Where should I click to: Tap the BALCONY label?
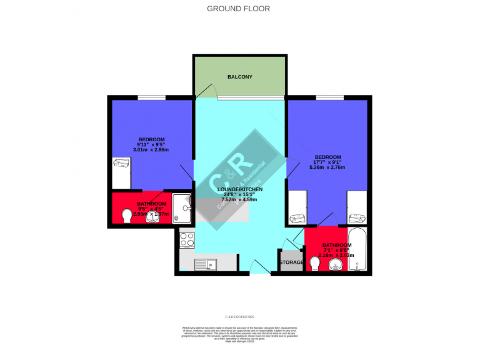coord(240,77)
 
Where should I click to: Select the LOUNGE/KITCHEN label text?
coord(240,189)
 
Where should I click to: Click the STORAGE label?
coord(291,262)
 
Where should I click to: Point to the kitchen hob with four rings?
coord(187,239)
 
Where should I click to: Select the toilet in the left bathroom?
coord(127,216)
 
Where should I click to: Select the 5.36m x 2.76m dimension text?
coord(327,167)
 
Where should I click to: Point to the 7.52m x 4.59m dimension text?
coord(240,199)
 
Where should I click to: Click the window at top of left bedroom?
coord(151,97)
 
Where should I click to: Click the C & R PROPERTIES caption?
coord(240,317)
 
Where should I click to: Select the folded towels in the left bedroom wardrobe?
coord(120,164)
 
